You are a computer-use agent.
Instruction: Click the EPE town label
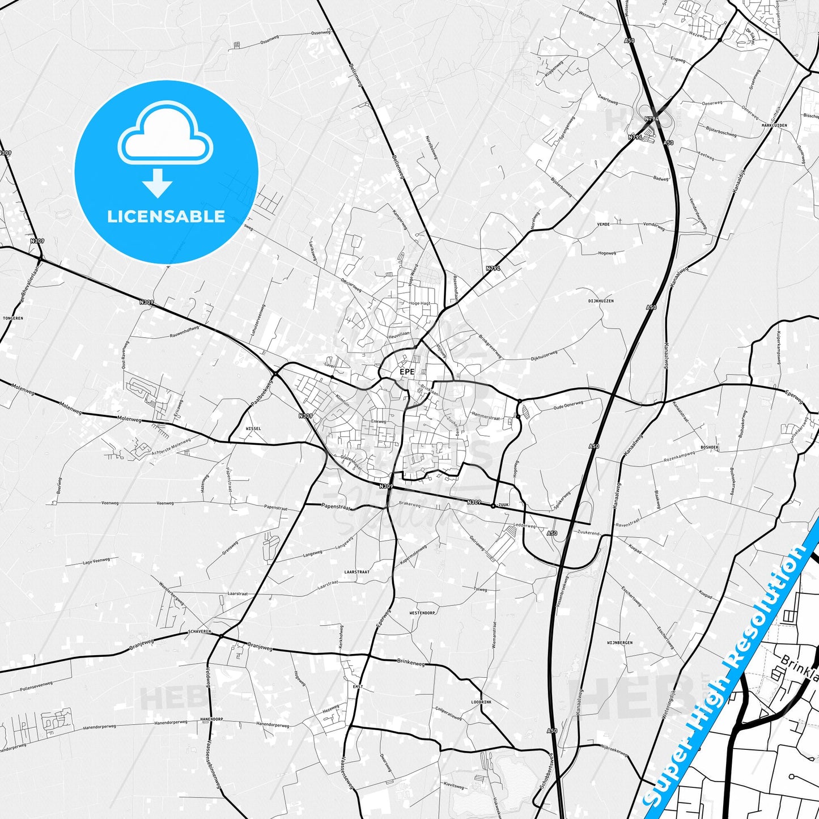[407, 372]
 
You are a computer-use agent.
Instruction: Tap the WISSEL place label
[253, 428]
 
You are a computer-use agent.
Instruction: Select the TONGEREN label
[12, 318]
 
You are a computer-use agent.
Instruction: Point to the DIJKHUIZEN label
[601, 301]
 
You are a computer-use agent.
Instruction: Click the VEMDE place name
[604, 224]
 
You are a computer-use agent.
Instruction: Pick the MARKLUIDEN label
[774, 125]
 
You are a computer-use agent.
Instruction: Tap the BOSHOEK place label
[710, 447]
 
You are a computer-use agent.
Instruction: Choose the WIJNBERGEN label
[619, 643]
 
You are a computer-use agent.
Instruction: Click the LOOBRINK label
[481, 702]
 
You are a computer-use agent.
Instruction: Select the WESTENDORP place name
[423, 613]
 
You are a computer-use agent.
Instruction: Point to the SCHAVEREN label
[200, 631]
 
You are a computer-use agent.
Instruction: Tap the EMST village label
[358, 687]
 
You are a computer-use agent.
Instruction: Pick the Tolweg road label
[480, 589]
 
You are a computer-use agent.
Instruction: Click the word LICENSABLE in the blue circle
[166, 217]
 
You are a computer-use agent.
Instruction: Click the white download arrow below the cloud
[158, 183]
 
